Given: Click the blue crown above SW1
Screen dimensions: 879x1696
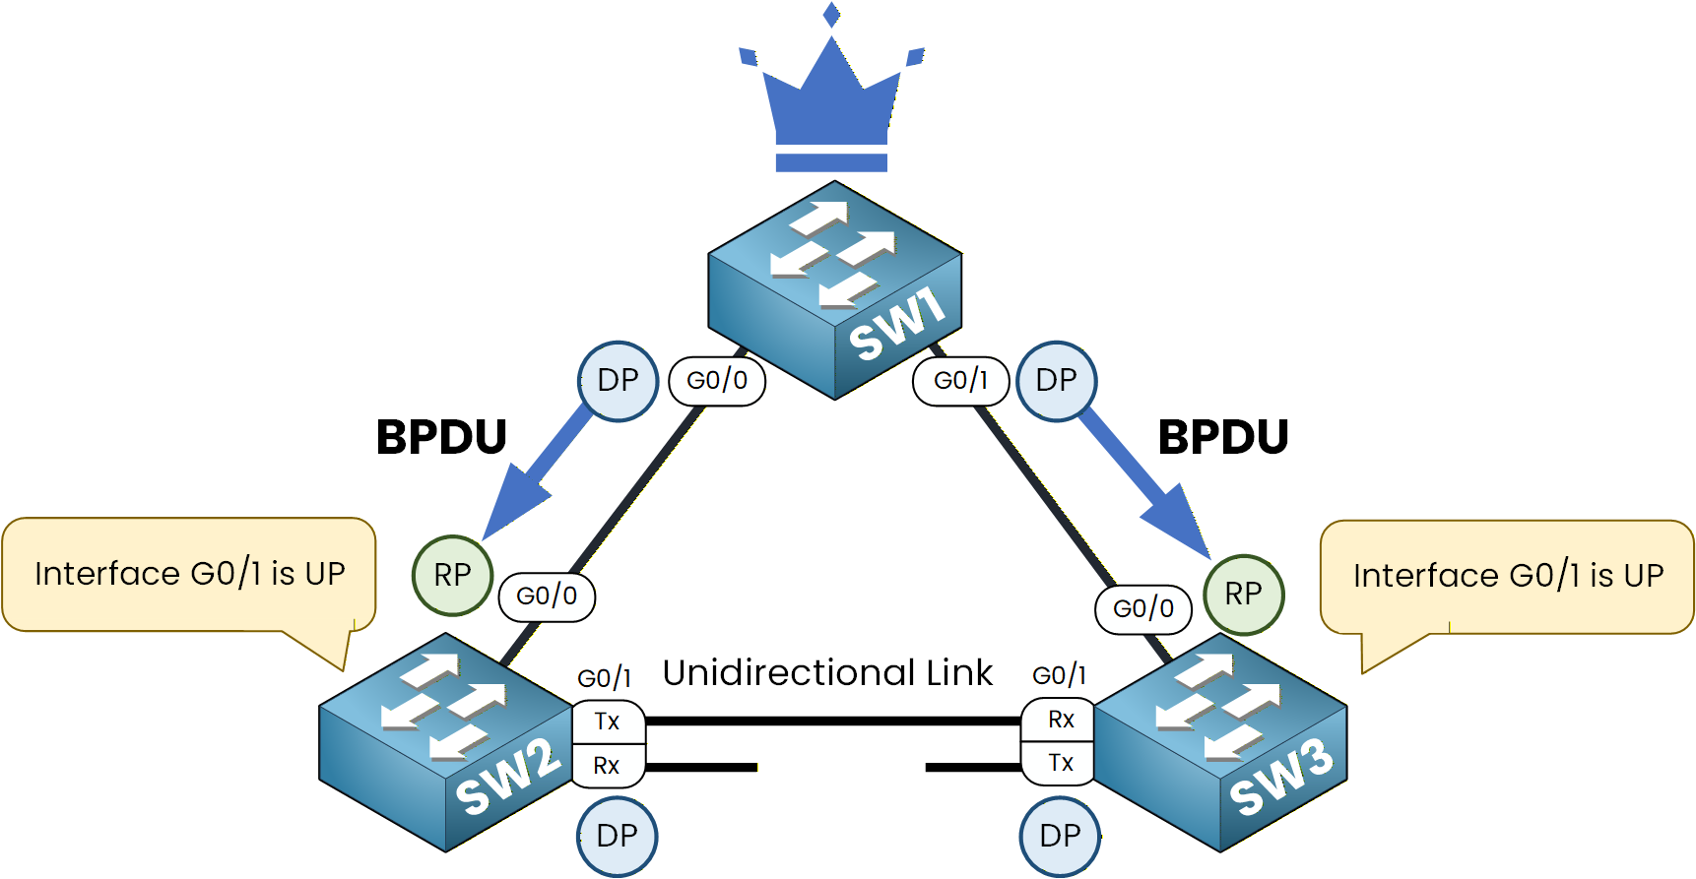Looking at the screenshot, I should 832,108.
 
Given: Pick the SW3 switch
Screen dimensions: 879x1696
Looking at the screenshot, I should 1220,743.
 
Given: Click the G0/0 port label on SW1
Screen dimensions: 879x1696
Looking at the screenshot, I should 717,381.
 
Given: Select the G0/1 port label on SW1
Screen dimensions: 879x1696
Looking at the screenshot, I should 960,381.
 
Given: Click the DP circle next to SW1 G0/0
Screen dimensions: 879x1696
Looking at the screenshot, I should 618,381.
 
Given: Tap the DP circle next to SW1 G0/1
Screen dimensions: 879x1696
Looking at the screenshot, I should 1056,381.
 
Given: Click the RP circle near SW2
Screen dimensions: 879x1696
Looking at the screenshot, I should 452,575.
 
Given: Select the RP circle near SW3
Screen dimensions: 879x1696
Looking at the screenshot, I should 1243,595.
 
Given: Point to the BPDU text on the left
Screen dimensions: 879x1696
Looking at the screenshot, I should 441,437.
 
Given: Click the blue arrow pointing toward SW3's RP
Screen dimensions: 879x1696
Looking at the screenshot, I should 1147,482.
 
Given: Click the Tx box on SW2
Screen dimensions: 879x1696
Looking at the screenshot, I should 608,722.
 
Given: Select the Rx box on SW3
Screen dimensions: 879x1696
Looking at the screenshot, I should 1060,720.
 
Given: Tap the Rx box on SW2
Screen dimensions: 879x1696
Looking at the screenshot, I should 607,766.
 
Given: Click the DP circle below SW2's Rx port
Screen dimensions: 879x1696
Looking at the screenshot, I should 617,837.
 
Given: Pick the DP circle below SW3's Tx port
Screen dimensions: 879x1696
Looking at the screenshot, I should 1060,837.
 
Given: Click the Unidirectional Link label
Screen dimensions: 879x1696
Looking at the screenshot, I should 827,673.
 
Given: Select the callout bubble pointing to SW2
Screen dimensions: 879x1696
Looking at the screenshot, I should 189,574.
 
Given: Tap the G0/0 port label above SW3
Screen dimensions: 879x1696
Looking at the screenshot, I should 1142,609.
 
